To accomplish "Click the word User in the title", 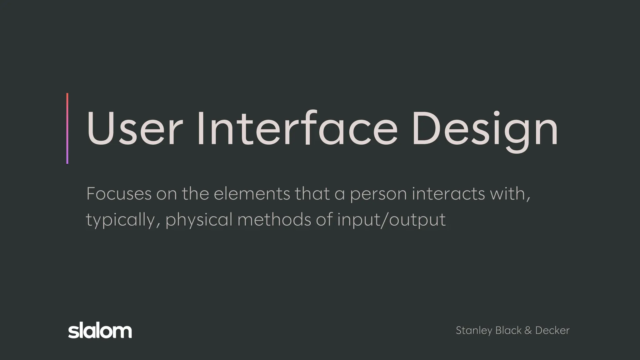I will pos(134,128).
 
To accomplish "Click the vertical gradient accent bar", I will pos(67,128).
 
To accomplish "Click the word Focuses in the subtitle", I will pos(119,194).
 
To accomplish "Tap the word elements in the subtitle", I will pos(252,194).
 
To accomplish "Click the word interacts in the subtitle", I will pos(448,194).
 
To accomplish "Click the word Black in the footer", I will pos(508,330).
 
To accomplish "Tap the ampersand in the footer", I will pos(528,330).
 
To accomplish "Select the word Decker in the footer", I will pos(552,330).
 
